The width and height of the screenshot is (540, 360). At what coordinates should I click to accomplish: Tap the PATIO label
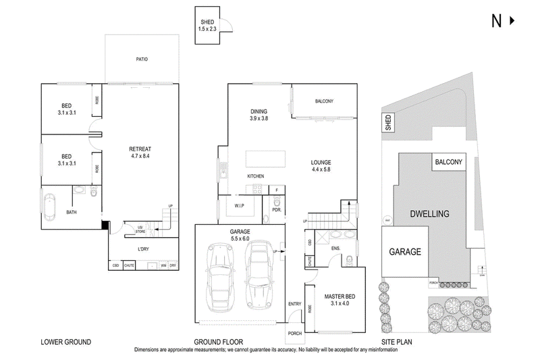tap(142, 59)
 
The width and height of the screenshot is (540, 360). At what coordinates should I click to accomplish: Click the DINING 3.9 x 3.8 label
tap(259, 114)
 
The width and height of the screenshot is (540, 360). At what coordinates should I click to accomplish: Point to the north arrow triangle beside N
tap(511, 21)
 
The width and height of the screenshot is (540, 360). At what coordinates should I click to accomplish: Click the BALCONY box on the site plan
tap(448, 162)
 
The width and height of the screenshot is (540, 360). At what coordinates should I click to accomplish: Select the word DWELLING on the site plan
tap(429, 213)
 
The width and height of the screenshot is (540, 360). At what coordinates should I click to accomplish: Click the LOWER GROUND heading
tap(66, 342)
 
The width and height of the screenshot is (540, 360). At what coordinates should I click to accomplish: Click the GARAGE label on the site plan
tap(404, 251)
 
